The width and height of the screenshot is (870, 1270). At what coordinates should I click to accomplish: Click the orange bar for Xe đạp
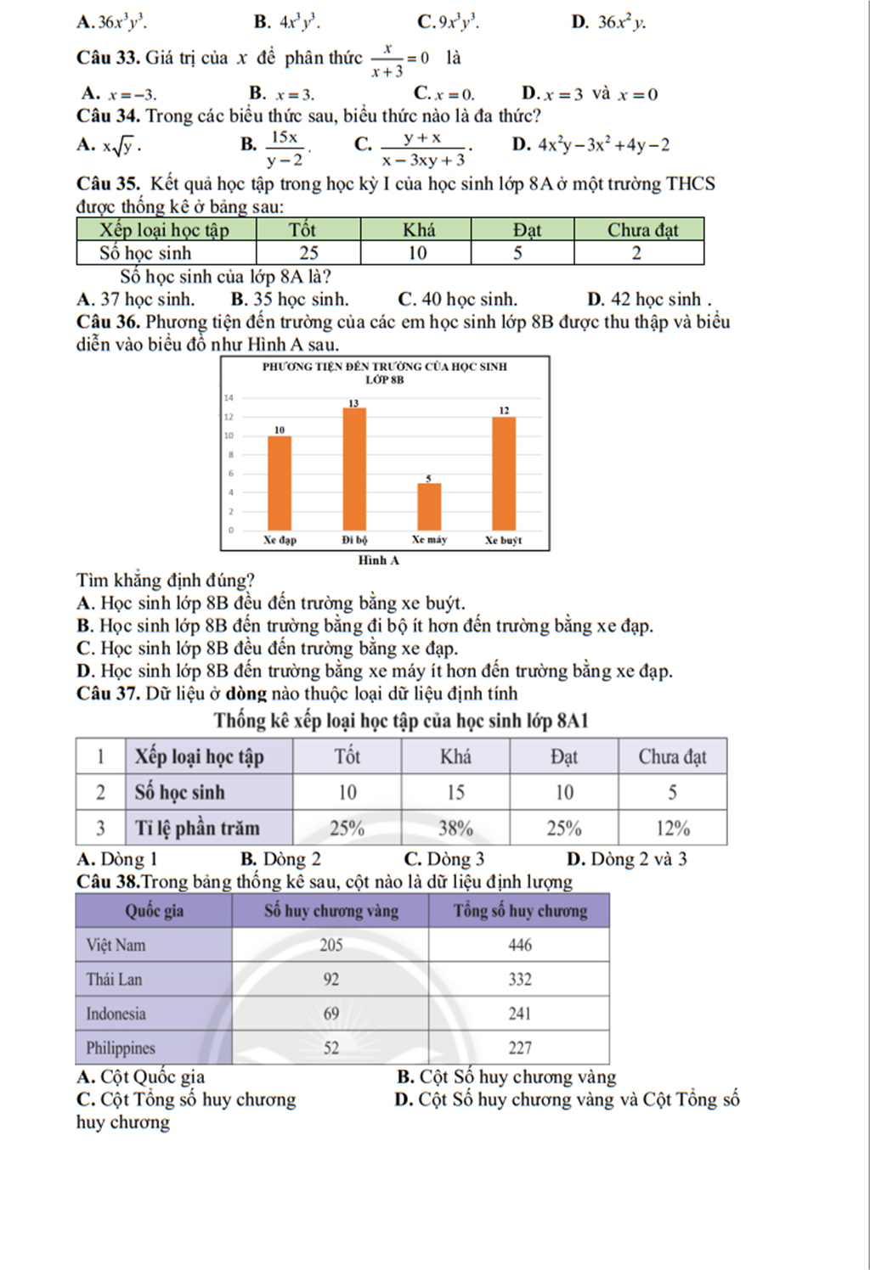(x=280, y=482)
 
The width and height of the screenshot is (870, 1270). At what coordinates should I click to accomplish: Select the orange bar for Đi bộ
(x=354, y=469)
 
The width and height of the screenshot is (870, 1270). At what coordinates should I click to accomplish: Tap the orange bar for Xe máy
(x=429, y=506)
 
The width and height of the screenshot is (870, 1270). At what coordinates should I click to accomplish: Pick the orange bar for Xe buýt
(x=504, y=473)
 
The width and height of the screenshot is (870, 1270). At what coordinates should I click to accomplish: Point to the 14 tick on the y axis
(x=229, y=397)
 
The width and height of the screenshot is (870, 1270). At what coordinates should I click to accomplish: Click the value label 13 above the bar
(x=353, y=402)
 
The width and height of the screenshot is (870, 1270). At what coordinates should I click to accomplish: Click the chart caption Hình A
(x=378, y=560)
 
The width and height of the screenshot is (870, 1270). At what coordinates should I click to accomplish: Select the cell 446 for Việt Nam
(x=519, y=945)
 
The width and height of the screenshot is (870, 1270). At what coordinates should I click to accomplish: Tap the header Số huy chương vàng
(x=330, y=911)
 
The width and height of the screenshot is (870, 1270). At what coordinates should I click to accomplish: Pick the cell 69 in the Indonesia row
(x=330, y=1014)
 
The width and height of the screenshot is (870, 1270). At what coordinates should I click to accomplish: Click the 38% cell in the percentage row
(x=455, y=828)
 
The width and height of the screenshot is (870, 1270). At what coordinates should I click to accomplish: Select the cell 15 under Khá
(x=455, y=792)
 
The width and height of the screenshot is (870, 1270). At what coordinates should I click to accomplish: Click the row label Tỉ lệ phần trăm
(x=197, y=828)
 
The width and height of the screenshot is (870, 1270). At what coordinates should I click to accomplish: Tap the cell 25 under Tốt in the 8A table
(x=308, y=253)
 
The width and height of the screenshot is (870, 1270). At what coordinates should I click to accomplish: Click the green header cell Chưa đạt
(x=642, y=230)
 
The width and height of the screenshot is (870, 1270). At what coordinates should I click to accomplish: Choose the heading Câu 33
(x=108, y=58)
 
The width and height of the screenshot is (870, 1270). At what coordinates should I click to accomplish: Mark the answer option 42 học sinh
(x=650, y=300)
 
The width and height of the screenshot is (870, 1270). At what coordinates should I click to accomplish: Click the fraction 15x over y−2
(x=285, y=148)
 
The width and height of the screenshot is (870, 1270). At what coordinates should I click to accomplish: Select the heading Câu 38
(x=107, y=881)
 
